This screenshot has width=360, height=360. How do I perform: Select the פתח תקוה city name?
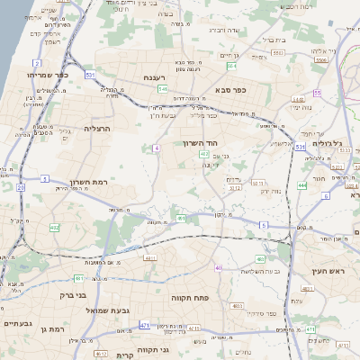[189, 296]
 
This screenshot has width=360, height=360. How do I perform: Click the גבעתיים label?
[18, 323]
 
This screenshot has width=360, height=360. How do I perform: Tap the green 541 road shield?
[163, 89]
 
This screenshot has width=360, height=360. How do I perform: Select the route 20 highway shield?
[20, 187]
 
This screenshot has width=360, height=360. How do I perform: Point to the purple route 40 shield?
[218, 267]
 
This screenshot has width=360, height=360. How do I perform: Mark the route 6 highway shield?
[264, 224]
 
